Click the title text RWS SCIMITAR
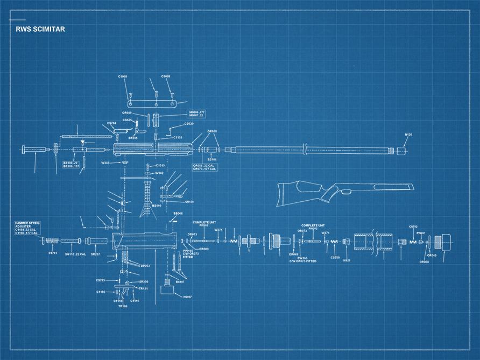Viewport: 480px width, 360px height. click(40, 29)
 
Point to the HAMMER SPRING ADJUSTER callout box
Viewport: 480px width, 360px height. click(27, 228)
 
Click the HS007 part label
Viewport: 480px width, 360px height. click(187, 297)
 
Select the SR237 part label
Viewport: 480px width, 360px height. click(96, 253)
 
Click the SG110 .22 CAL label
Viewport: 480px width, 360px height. click(75, 253)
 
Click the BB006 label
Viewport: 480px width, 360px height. click(178, 214)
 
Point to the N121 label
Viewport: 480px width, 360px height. click(347, 260)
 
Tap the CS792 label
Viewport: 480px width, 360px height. click(413, 227)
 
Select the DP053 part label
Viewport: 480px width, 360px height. click(145, 266)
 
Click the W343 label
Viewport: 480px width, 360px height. click(105, 163)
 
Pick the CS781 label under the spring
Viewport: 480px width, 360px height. click(53, 253)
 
